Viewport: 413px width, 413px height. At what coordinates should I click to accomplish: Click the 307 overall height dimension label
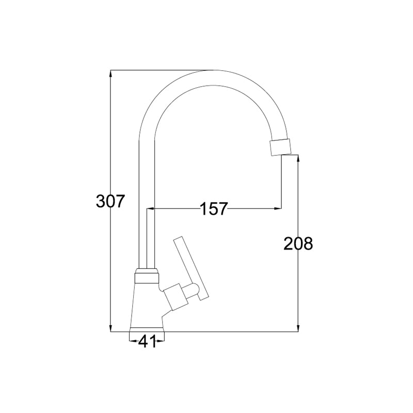click(109, 201)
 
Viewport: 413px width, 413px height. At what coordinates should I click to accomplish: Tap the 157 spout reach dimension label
click(214, 209)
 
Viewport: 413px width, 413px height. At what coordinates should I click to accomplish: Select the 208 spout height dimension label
click(298, 243)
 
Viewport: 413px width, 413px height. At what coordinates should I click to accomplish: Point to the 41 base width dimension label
click(147, 341)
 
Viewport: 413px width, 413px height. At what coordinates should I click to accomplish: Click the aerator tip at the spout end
click(281, 147)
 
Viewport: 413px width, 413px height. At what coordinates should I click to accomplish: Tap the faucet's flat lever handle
click(192, 268)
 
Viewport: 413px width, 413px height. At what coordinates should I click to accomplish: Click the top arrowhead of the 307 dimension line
click(110, 73)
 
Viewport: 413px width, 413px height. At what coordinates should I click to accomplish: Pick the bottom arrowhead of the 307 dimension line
click(110, 328)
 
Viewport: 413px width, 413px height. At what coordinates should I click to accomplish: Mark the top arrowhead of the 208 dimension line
click(298, 158)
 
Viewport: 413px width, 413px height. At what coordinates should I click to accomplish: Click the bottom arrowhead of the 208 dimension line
click(298, 328)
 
